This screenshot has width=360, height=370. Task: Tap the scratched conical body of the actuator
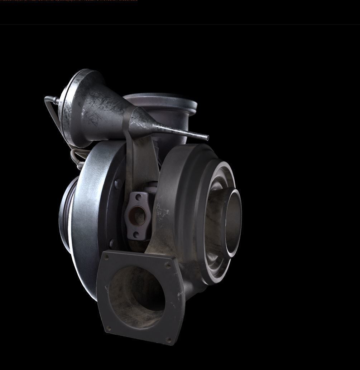104,107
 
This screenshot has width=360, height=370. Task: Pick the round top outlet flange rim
161,98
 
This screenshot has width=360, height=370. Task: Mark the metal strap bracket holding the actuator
141,157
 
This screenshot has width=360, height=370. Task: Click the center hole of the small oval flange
137,216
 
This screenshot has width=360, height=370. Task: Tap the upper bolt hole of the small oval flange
138,197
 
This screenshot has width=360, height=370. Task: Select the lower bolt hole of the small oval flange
136,234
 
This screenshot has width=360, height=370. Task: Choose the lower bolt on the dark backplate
112,243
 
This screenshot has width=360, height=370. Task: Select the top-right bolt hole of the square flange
168,265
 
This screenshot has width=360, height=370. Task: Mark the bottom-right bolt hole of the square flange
169,339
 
